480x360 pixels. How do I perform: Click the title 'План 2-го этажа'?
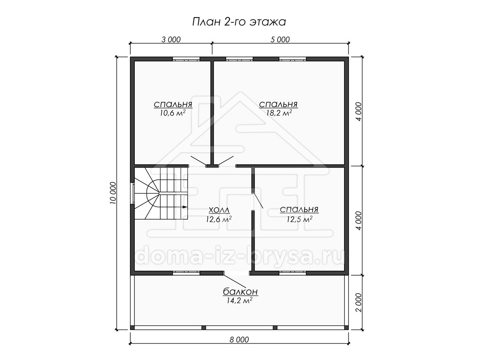[239, 22]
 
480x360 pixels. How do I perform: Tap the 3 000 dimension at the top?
[171, 40]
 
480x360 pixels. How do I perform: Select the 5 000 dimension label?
[280, 40]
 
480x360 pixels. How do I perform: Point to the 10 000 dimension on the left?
[113, 193]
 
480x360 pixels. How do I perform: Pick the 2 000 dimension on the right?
[359, 302]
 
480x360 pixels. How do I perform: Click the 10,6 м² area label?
[173, 113]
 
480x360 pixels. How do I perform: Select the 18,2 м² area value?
[279, 113]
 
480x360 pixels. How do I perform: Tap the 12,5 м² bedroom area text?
[299, 219]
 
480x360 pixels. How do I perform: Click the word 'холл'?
[219, 210]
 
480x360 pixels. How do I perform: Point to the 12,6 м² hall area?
[219, 219]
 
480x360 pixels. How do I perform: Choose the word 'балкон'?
[240, 292]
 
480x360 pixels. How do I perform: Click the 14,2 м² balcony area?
[240, 301]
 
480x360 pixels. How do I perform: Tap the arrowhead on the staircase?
[185, 207]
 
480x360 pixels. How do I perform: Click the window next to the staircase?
[132, 193]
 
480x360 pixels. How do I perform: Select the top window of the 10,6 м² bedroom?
[186, 59]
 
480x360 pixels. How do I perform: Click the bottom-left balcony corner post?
[132, 334]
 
